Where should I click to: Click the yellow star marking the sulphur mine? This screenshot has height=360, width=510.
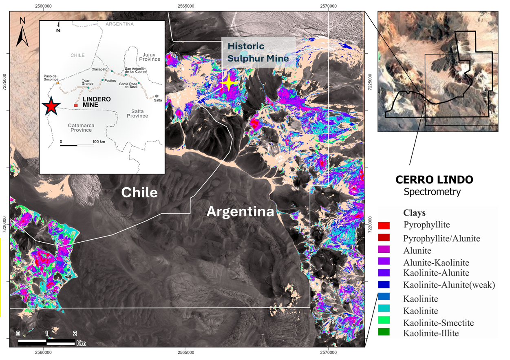click(229, 83)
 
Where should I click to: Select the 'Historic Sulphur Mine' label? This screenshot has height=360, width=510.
click(258, 52)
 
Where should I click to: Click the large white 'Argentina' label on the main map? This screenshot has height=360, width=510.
click(240, 212)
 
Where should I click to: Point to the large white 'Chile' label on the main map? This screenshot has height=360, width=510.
click(139, 192)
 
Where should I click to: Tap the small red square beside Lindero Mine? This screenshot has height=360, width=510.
click(76, 106)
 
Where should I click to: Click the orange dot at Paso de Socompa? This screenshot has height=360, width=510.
click(57, 83)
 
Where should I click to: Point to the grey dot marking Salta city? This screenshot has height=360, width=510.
click(157, 96)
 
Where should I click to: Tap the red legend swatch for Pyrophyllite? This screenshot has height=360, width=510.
click(384, 225)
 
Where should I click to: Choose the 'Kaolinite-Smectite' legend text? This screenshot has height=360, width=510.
click(439, 323)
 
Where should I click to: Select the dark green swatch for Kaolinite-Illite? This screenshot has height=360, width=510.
click(384, 332)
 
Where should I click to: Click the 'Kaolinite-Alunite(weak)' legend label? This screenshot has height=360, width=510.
click(449, 285)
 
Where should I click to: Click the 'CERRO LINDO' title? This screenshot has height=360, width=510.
click(435, 179)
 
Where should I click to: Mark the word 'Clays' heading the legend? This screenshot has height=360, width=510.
click(414, 212)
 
